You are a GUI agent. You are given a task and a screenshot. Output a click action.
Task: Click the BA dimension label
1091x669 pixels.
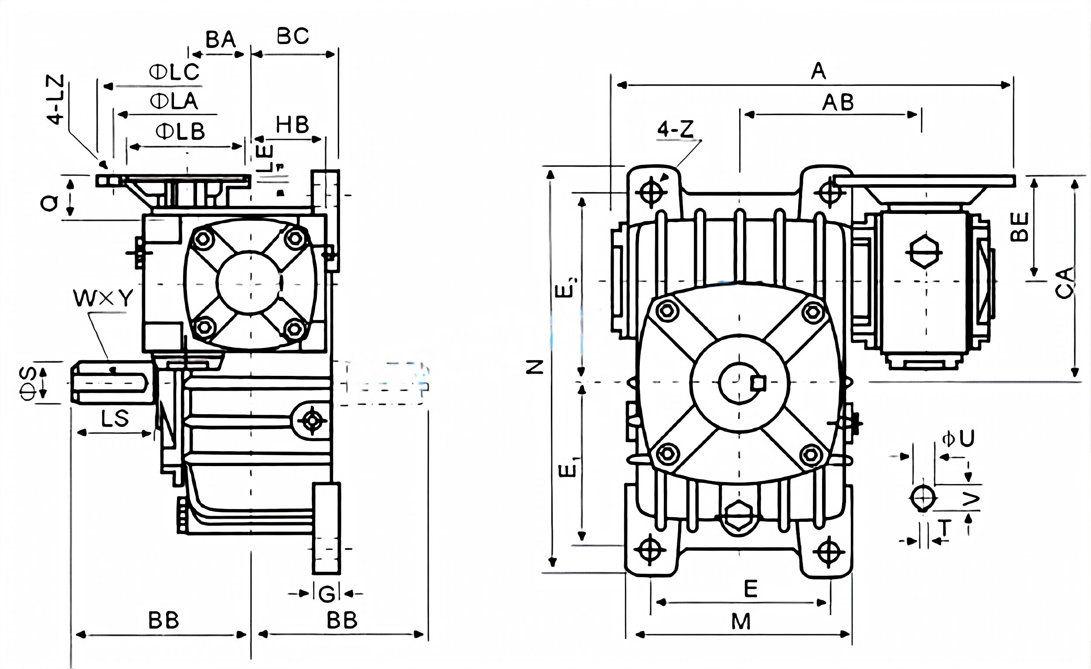tap(221, 40)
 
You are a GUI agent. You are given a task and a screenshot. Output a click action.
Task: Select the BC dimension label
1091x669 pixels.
tap(292, 36)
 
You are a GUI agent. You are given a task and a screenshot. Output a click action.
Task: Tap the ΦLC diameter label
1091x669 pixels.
tap(174, 72)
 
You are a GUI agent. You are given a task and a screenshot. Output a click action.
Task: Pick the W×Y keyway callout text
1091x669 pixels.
tap(103, 299)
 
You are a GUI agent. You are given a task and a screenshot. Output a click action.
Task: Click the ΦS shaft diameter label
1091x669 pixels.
tap(28, 383)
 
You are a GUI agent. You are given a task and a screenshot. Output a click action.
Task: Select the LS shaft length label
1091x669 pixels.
tap(115, 419)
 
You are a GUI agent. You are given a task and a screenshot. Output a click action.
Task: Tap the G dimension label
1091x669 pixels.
tap(327, 594)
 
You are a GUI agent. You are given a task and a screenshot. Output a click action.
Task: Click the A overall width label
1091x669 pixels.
tap(818, 71)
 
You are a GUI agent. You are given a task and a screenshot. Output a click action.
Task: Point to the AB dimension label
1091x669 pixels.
tap(838, 103)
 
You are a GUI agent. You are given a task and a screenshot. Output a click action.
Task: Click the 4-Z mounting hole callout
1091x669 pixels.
tap(675, 130)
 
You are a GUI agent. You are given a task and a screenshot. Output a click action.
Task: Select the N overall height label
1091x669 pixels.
tap(535, 367)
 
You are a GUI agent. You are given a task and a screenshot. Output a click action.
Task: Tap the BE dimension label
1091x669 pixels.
tap(1019, 227)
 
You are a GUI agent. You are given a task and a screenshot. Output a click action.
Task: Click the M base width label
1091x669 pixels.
tap(741, 622)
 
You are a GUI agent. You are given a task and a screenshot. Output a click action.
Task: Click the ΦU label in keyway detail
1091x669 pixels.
tap(958, 439)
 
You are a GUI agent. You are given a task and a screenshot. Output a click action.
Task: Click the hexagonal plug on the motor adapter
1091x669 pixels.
tap(924, 252)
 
